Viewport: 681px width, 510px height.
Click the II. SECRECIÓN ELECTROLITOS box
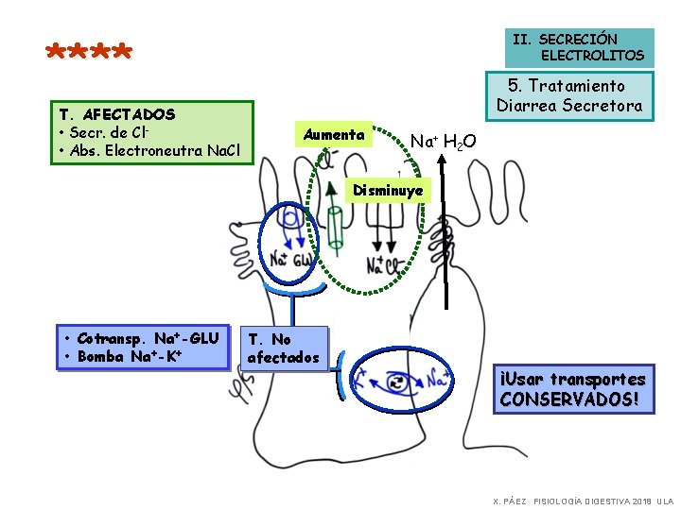click(578, 47)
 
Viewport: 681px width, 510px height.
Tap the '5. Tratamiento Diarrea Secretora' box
click(569, 96)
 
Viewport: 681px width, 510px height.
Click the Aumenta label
click(334, 135)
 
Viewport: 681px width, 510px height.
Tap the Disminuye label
click(388, 191)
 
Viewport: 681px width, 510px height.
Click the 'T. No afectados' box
click(283, 348)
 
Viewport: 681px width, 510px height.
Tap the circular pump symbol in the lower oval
click(395, 382)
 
